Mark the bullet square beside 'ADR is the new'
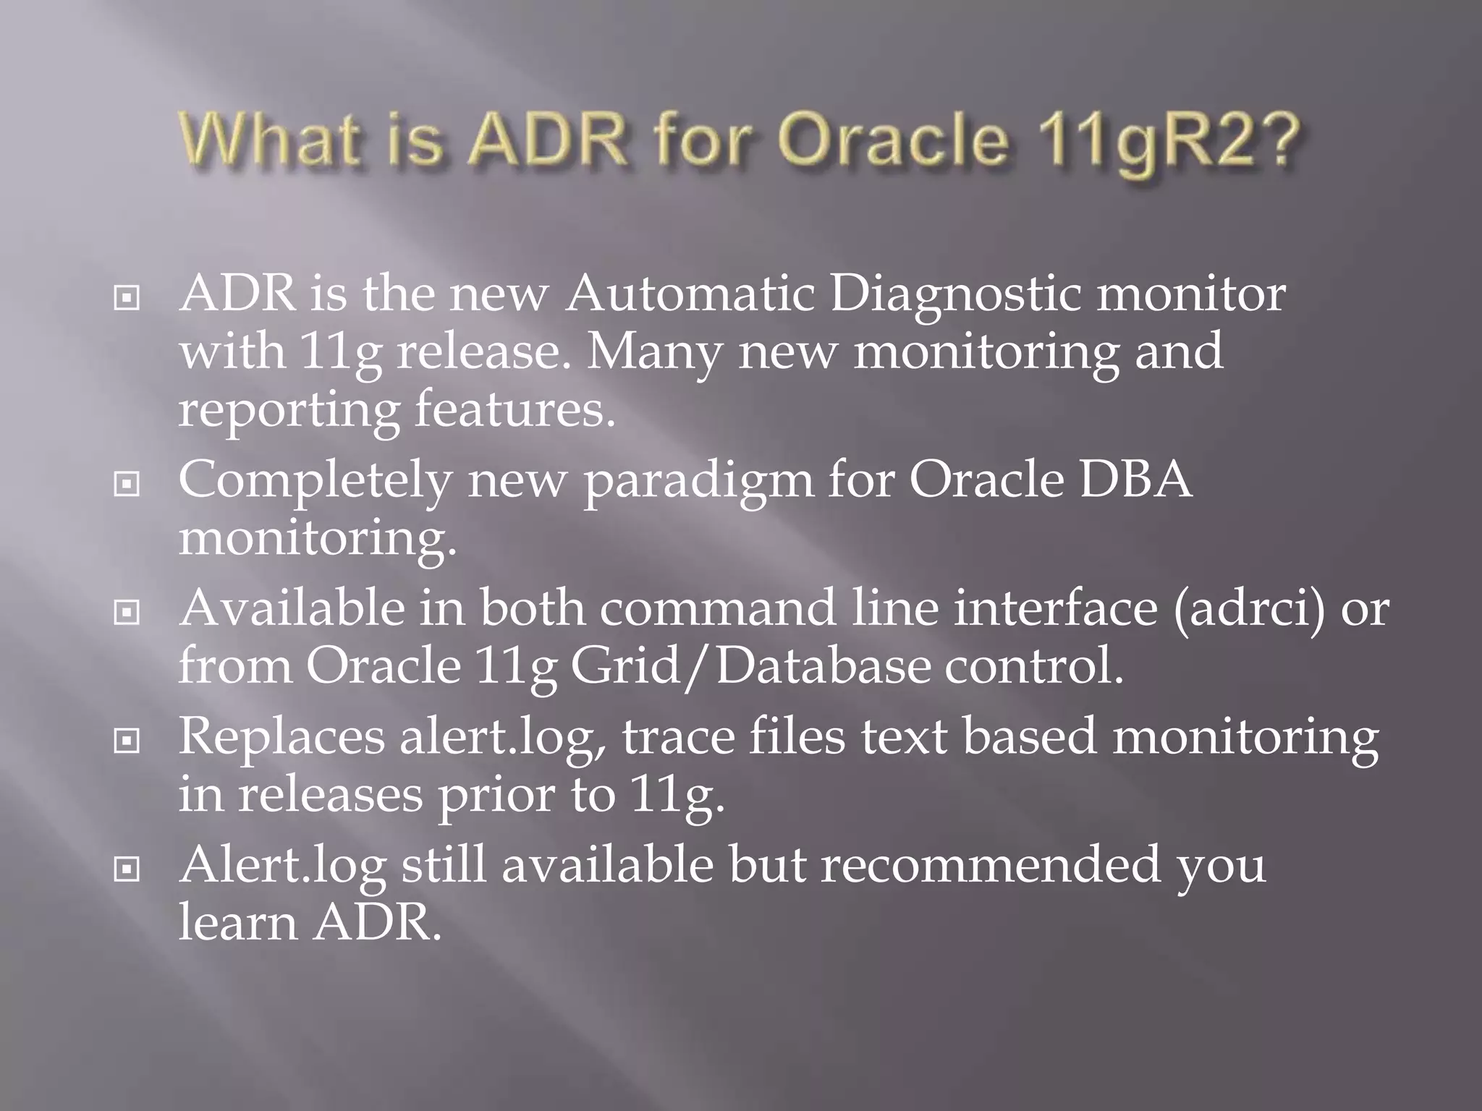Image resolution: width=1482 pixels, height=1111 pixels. pos(127,297)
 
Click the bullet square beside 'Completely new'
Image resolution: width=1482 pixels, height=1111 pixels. pos(127,483)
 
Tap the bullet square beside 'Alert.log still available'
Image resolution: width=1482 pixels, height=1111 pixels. pos(127,869)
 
